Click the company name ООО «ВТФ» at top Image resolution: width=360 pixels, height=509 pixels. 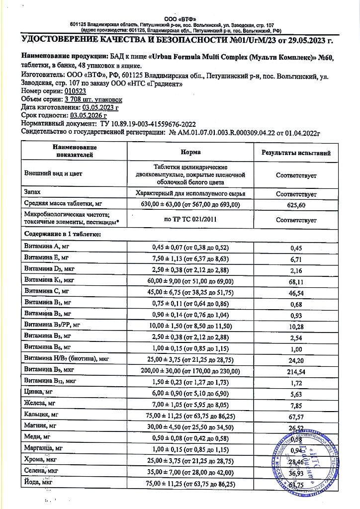(180, 18)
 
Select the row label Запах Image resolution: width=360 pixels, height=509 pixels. (32, 191)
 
